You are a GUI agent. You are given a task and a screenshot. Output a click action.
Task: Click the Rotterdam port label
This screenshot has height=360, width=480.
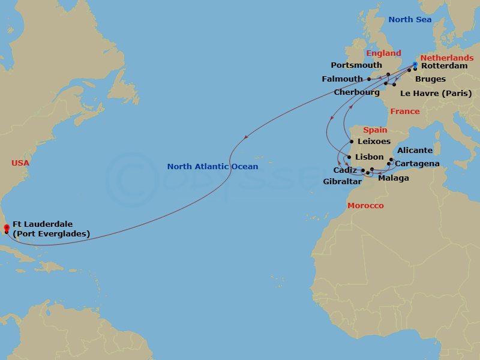tap(444, 66)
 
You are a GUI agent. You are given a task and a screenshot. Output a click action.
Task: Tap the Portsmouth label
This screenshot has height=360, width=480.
tap(356, 65)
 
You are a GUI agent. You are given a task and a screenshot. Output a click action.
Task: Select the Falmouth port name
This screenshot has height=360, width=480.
tap(342, 79)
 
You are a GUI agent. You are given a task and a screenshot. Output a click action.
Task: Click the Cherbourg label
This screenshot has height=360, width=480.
tap(356, 92)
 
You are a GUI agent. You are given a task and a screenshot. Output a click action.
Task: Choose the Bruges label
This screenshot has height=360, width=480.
tap(430, 79)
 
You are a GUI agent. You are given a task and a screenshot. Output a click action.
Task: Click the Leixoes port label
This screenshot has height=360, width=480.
tap(373, 142)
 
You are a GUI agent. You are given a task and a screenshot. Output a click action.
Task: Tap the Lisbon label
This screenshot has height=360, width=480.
tap(369, 157)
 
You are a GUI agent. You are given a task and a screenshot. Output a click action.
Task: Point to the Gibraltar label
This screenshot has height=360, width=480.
tap(342, 181)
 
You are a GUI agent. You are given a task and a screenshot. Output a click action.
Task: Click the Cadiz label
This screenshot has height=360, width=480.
tap(346, 170)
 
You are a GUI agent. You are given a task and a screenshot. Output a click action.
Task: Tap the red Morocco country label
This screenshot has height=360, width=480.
tap(365, 206)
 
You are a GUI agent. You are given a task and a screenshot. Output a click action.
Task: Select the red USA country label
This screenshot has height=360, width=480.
tap(20, 163)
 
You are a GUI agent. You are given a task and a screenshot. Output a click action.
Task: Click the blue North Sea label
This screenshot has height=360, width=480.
tap(409, 20)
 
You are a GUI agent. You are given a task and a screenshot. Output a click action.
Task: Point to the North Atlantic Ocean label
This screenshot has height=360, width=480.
tap(212, 167)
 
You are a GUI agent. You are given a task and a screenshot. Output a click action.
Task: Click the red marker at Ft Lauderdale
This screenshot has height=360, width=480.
tap(6, 227)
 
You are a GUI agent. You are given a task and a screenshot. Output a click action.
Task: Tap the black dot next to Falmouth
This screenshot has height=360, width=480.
tap(368, 79)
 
